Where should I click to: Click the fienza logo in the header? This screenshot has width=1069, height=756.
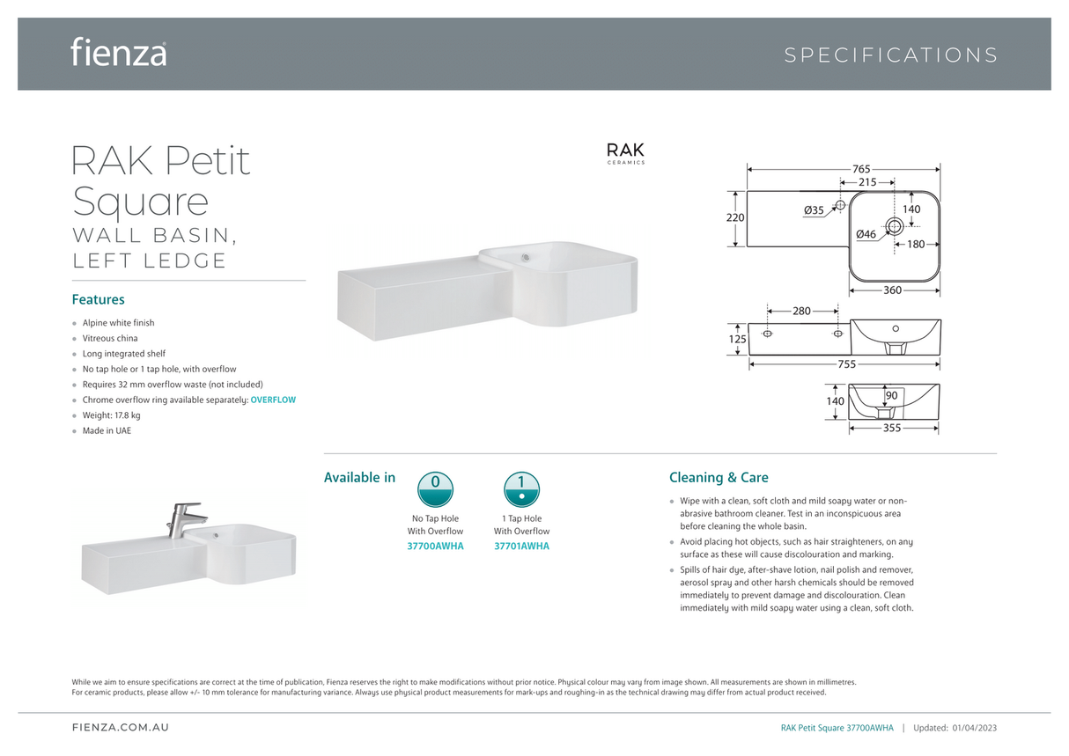118,52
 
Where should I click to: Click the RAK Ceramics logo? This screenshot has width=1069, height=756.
625,152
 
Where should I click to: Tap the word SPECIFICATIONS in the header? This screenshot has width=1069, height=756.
890,55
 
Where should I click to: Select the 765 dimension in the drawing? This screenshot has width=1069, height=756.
860,168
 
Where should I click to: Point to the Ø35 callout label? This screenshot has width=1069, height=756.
814,210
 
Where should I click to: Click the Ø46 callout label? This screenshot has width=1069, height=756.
866,235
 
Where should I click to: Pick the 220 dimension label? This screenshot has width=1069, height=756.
735,217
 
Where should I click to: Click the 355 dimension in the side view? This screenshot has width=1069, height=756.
891,429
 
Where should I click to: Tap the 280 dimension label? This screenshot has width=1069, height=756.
800,311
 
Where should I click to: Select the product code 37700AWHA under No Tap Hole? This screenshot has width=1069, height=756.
435,547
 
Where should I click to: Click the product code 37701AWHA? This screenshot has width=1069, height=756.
521,547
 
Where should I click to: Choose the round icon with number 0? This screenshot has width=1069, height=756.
435,488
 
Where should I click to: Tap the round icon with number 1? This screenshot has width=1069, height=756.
521,488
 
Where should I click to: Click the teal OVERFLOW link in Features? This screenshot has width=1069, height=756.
273,400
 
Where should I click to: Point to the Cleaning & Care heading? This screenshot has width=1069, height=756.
719,478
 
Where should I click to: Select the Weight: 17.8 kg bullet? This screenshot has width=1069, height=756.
111,415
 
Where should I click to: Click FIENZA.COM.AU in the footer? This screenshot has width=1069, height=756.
120,728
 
